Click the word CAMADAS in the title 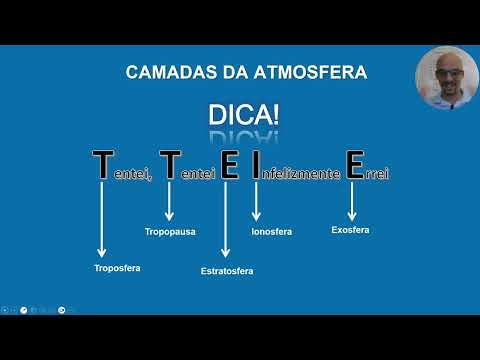click(162, 72)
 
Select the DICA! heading click(243, 115)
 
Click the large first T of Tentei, click(102, 165)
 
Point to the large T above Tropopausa click(170, 165)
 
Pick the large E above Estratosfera click(229, 165)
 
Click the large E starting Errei click(353, 165)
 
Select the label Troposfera click(117, 268)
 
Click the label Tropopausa click(170, 232)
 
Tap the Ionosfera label click(272, 232)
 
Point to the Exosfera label click(350, 230)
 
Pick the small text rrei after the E click(376, 174)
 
